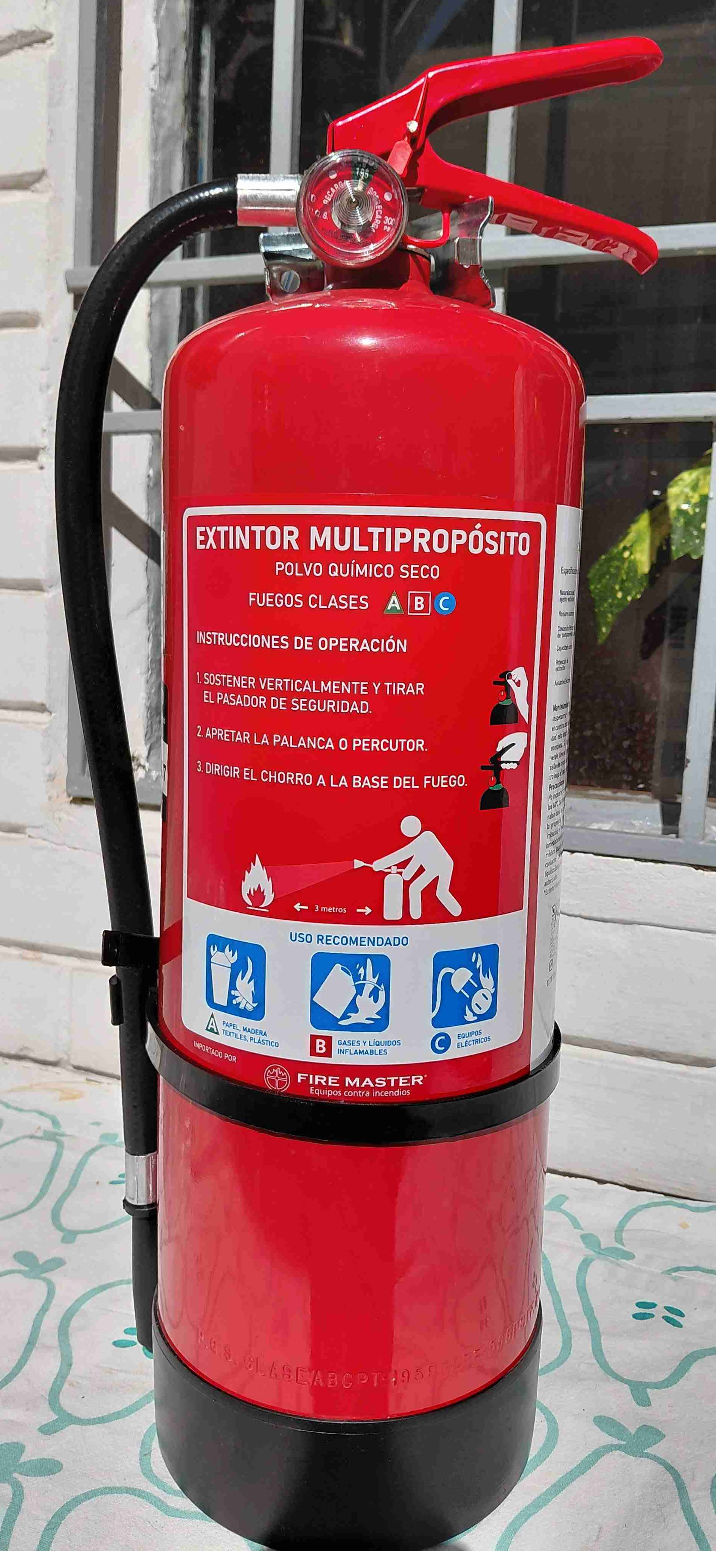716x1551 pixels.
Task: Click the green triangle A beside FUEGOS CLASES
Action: click(393, 603)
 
